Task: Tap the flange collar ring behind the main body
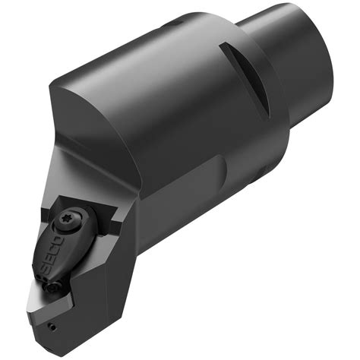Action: [251, 99]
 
